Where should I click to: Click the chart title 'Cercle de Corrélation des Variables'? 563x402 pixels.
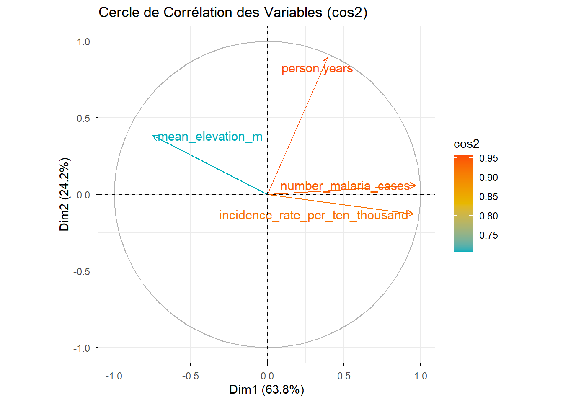point(232,13)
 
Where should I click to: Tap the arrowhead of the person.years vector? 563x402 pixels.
point(328,58)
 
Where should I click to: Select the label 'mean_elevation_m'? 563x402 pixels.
point(210,137)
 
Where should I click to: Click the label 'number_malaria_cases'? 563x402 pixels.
point(345,186)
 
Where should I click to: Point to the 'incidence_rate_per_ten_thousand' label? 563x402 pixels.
point(313,215)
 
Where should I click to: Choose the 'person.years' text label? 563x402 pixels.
point(317,68)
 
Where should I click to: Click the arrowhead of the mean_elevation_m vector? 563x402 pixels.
point(153,135)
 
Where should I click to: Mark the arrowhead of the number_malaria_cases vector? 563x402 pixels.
point(415,186)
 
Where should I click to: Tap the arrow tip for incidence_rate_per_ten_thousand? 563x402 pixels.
point(413,214)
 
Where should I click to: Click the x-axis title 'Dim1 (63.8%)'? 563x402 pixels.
point(267,389)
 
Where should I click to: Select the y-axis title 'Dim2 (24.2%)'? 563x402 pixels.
point(65,194)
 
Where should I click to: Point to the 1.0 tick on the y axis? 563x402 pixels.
point(83,41)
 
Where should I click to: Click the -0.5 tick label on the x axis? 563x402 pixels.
point(190,376)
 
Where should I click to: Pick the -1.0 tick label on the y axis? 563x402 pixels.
point(82,348)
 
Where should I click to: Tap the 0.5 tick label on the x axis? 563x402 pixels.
point(344,376)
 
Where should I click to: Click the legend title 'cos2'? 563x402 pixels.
point(466,144)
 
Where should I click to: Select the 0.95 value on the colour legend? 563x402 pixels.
point(488,158)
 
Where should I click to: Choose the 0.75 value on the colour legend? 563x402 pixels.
point(488,235)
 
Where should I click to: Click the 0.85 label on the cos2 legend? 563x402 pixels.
point(488,197)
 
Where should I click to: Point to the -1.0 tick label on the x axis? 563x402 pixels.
point(114,376)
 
